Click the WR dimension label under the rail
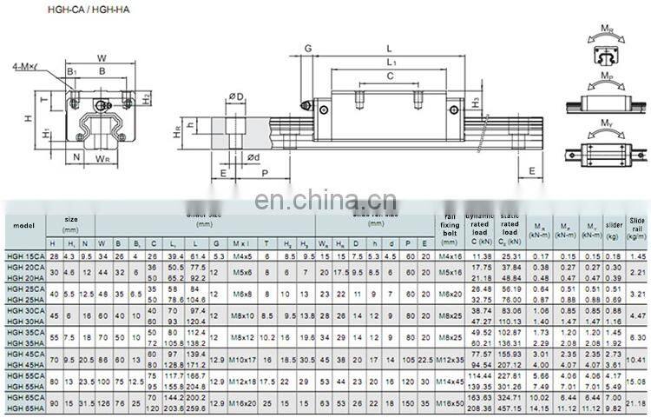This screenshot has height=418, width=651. pyautogui.click(x=103, y=158)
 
